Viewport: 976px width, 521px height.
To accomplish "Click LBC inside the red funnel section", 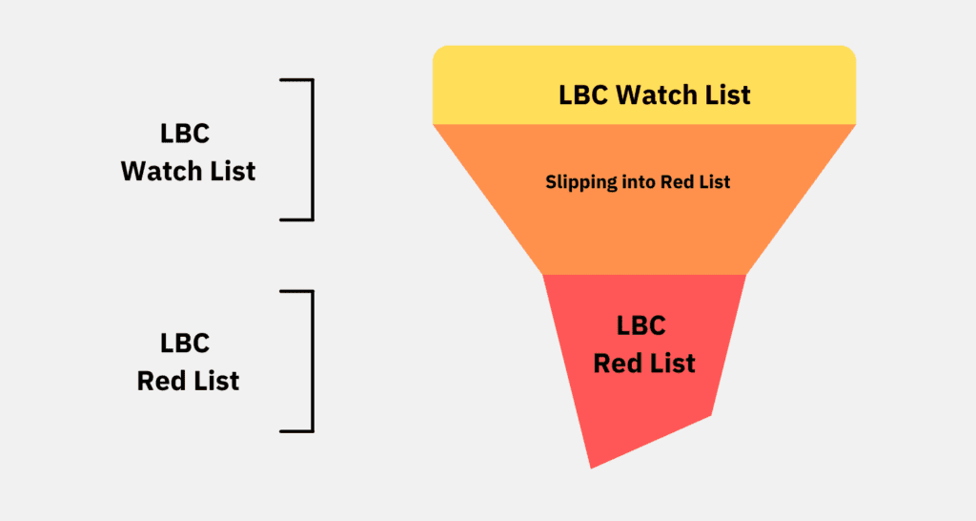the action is [641, 325].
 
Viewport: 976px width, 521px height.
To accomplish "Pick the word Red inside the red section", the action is [616, 364].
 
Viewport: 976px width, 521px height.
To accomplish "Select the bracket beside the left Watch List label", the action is [312, 150].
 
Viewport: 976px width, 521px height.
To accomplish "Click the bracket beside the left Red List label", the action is [312, 361].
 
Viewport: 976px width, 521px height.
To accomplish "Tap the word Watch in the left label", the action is [161, 172].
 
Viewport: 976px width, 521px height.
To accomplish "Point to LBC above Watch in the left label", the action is [185, 134].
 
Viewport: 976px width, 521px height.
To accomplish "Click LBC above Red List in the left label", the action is [185, 344].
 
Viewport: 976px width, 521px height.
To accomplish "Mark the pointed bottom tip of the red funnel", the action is [591, 469].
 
